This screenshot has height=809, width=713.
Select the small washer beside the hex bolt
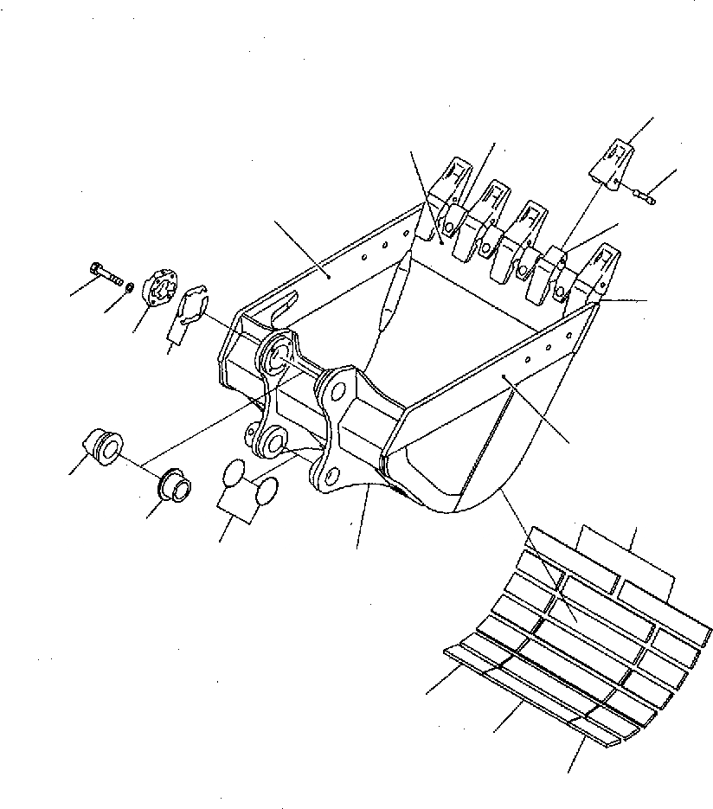[128, 286]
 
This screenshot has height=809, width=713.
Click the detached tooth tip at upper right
[614, 164]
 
